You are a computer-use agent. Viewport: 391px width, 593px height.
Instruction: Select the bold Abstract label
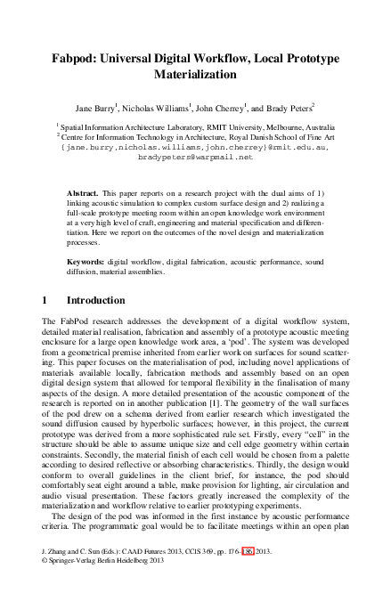pos(84,193)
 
